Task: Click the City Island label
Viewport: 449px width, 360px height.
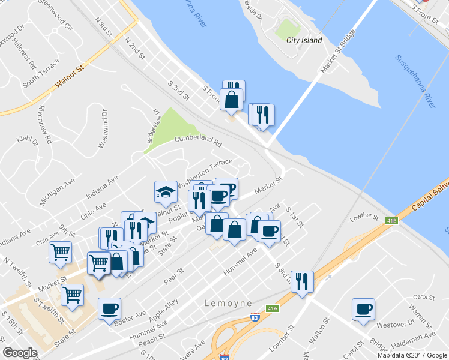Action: coord(304,40)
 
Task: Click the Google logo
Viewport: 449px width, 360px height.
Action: coord(20,353)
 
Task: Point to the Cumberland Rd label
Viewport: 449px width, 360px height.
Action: coord(198,142)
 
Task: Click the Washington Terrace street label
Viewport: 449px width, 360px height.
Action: coord(205,172)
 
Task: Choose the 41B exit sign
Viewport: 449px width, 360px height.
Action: coord(391,221)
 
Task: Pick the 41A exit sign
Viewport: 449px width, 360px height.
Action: coord(273,308)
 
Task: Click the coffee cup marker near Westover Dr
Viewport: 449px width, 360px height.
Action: coord(363,310)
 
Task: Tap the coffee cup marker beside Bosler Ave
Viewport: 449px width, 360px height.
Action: coord(109,309)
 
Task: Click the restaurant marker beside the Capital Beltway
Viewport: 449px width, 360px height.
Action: coord(302,281)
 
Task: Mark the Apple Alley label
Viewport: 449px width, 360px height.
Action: coord(164,313)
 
